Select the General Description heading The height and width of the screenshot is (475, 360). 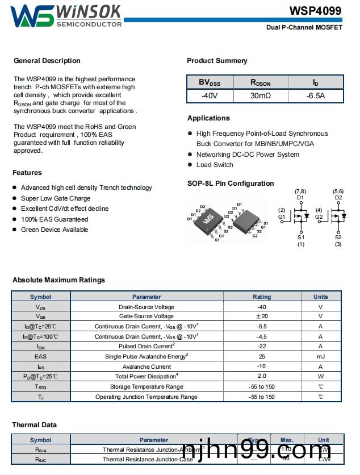click(47, 61)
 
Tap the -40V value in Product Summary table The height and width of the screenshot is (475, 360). click(210, 96)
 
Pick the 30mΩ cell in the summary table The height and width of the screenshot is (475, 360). click(261, 96)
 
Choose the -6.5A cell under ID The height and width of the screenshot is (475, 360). click(316, 96)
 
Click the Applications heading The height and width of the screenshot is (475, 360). click(208, 118)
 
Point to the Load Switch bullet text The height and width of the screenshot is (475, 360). click(215, 165)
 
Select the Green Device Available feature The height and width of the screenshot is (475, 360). click(55, 230)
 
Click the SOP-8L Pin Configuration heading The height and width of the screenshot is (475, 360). click(231, 184)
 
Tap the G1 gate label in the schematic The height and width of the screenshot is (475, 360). click(282, 217)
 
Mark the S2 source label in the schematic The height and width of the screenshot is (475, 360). click(338, 238)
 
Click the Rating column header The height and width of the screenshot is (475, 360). click(262, 297)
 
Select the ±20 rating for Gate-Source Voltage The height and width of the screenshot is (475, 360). click(262, 316)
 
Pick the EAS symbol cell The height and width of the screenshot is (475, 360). click(40, 357)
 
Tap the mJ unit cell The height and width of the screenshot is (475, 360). click(321, 357)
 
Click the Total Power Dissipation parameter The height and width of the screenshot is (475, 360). click(146, 377)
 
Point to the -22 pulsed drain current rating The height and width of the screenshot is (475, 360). click(262, 347)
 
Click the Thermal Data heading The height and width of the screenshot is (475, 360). click(35, 425)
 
